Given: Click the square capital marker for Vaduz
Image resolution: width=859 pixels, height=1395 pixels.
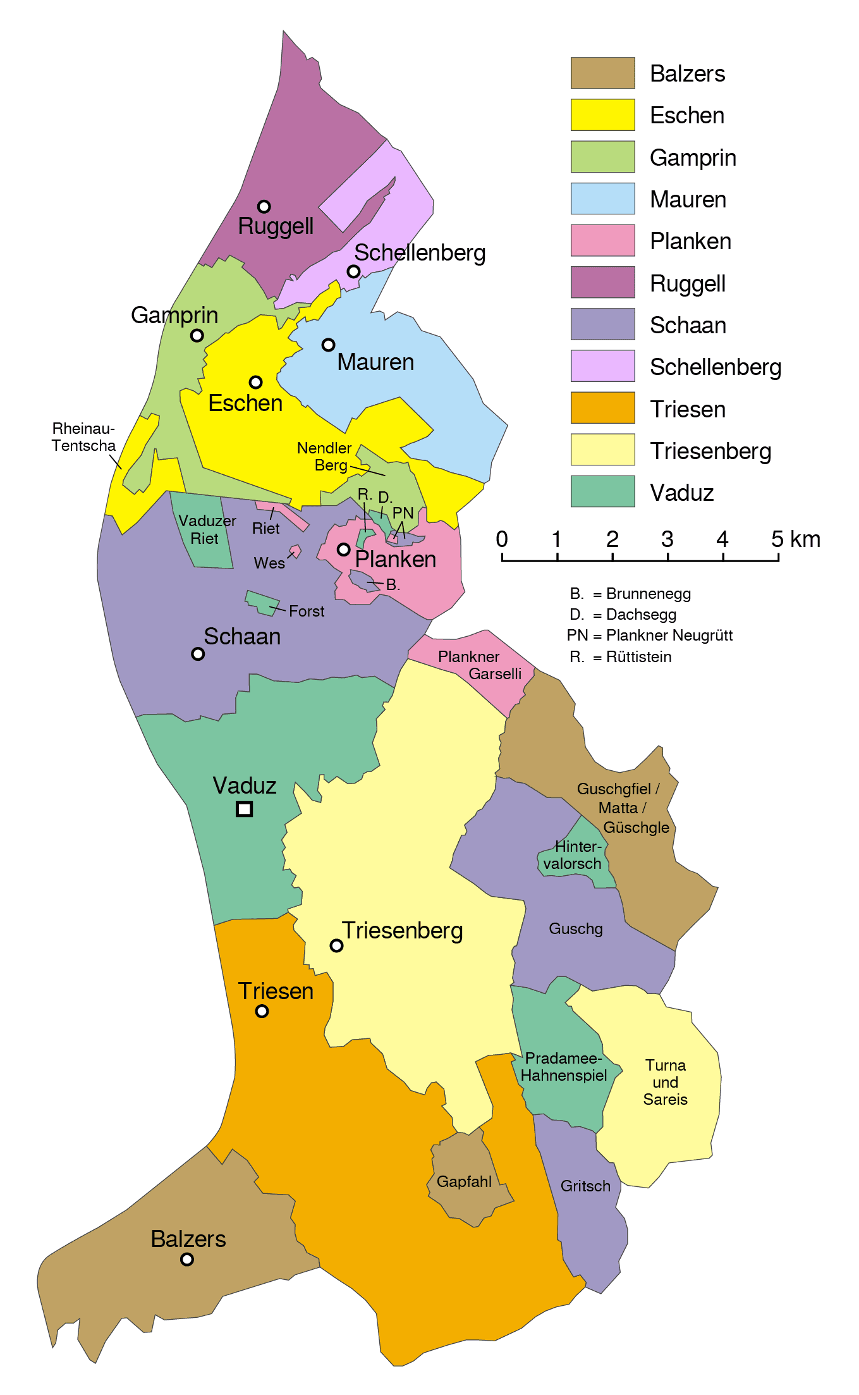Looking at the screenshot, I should pos(244,809).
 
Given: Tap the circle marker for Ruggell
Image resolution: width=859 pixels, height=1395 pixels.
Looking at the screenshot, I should pos(264,206).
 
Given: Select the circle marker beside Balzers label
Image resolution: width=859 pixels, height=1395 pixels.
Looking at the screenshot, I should pos(186,1259).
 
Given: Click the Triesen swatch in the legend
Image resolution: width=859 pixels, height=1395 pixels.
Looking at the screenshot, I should pos(602,408).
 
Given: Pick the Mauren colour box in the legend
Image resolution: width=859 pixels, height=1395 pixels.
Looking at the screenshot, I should pos(602,199).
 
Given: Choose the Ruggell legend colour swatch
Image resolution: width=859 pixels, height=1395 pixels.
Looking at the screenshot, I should pos(602,282).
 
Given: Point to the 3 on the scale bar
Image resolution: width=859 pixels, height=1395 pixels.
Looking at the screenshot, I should pos(667,539).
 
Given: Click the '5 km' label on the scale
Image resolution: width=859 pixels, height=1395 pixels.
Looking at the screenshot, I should pos(795,539).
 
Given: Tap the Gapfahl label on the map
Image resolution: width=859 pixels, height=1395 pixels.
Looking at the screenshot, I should pos(464,1181).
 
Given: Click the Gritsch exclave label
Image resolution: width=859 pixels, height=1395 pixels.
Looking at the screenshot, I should pos(585,1186).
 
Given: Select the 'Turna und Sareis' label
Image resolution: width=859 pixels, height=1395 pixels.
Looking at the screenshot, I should pos(665,1082).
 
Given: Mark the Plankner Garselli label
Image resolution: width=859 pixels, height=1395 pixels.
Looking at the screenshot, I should pos(480,665).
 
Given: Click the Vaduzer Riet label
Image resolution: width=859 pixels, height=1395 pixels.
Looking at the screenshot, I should pos(206,529).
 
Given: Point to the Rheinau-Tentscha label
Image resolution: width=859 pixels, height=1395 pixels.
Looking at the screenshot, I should pos(83,437).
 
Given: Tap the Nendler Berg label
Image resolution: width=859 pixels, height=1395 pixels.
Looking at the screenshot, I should pos(324,457).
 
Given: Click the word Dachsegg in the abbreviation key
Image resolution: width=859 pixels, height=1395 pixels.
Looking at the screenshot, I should pos(641,615).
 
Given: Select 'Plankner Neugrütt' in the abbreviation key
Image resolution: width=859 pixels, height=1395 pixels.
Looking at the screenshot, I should pos(669,636).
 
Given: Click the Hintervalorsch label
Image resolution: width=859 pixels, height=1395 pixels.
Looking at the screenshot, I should pos(573,855).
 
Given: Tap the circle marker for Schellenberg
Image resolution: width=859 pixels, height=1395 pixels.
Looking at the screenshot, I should pos(353,271).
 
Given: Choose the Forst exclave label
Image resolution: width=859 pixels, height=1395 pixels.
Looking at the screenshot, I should pos(307,611).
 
